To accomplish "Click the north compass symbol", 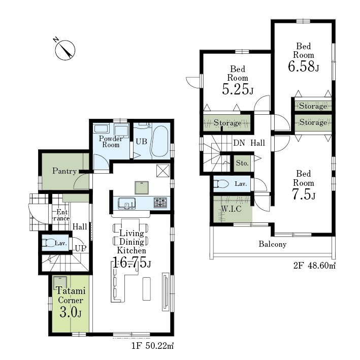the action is pyautogui.click(x=65, y=50).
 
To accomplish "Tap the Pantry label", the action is pyautogui.click(x=64, y=171).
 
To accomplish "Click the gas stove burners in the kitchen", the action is pyautogui.click(x=160, y=203).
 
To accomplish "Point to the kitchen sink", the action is pyautogui.click(x=126, y=203).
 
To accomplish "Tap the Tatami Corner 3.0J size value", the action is pyautogui.click(x=71, y=312).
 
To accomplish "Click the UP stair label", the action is pyautogui.click(x=81, y=248).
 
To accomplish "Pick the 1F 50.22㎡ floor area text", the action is pyautogui.click(x=152, y=346).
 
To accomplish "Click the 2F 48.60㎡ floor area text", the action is pyautogui.click(x=314, y=266).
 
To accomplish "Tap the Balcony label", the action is pyautogui.click(x=273, y=244).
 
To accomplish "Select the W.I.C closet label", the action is pyautogui.click(x=231, y=209).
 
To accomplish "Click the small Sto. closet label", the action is pyautogui.click(x=242, y=163).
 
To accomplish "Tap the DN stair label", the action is pyautogui.click(x=239, y=143).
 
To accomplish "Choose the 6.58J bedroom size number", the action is pyautogui.click(x=303, y=67).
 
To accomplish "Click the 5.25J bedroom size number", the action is pyautogui.click(x=238, y=89).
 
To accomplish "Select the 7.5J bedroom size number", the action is pyautogui.click(x=303, y=194).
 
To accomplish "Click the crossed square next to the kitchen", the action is pyautogui.click(x=163, y=171).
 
